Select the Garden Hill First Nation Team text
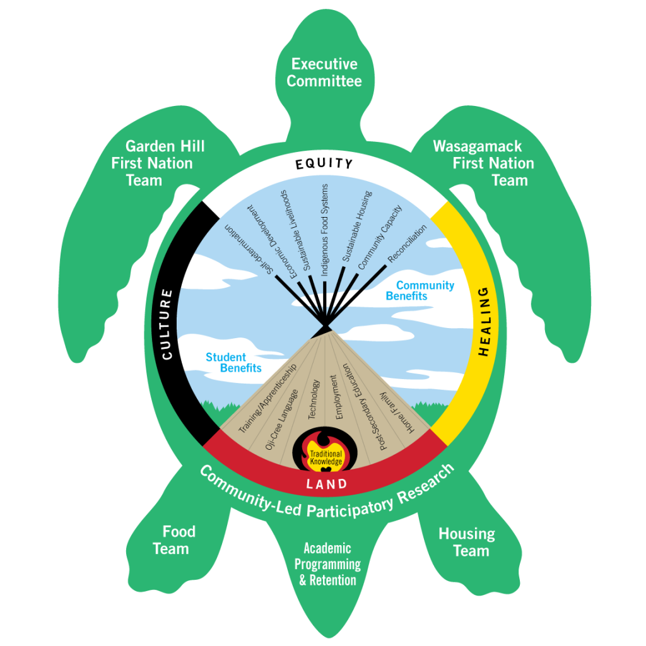tap(158, 163)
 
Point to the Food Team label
tap(172, 540)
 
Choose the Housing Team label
tap(467, 542)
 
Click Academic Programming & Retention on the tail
tap(327, 564)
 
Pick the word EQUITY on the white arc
tap(324, 164)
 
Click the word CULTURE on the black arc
tap(167, 324)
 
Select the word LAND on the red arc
tap(326, 484)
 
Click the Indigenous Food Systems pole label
tap(325, 230)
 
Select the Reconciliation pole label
tap(408, 243)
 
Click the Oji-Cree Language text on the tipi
tap(281, 421)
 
